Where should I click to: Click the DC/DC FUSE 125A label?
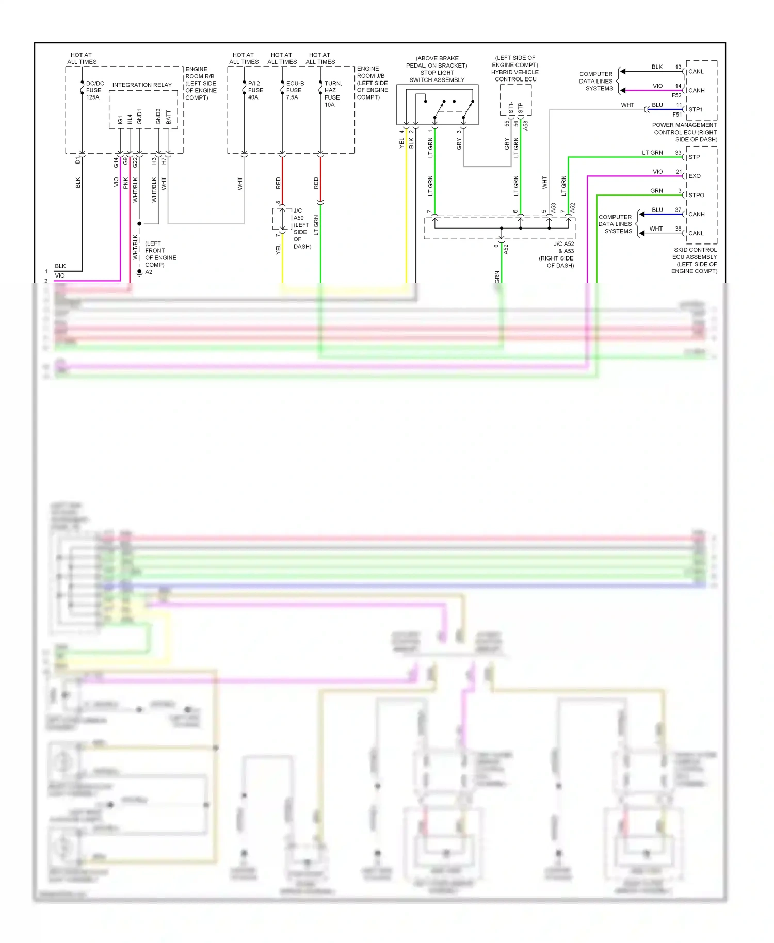(x=94, y=90)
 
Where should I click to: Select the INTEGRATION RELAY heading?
(x=142, y=85)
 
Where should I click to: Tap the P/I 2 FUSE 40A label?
(x=255, y=90)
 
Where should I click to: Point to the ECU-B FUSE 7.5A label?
(x=295, y=90)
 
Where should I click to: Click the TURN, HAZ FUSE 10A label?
(x=332, y=94)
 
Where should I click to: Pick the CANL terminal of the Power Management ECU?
(x=696, y=72)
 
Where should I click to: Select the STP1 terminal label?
(x=695, y=109)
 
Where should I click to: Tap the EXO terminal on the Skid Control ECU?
(x=694, y=176)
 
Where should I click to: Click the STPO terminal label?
(x=696, y=195)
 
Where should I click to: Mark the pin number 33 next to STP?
(x=678, y=153)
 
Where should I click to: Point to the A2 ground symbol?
(x=139, y=272)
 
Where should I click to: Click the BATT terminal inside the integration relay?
(x=168, y=117)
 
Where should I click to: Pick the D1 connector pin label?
(x=78, y=161)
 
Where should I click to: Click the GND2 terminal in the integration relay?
(x=158, y=117)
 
